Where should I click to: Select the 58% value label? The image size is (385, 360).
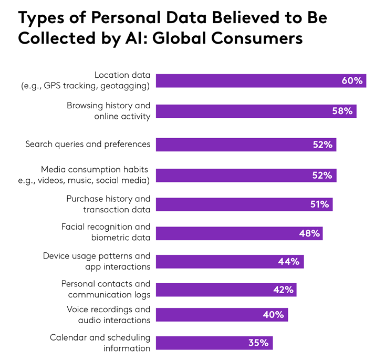click(x=344, y=111)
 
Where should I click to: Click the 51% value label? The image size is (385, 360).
click(x=319, y=204)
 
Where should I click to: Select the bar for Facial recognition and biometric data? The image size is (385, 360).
click(x=226, y=233)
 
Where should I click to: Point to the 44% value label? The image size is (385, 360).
click(x=289, y=262)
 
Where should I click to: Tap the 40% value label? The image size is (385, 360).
click(x=273, y=315)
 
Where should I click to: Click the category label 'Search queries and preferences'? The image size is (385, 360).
click(x=88, y=144)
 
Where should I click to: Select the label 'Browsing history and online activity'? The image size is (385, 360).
click(x=108, y=111)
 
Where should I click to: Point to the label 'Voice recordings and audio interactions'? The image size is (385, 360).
click(x=108, y=314)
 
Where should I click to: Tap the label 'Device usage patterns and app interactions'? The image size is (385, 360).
click(x=97, y=261)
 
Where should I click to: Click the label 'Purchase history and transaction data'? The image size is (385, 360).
click(x=108, y=204)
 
